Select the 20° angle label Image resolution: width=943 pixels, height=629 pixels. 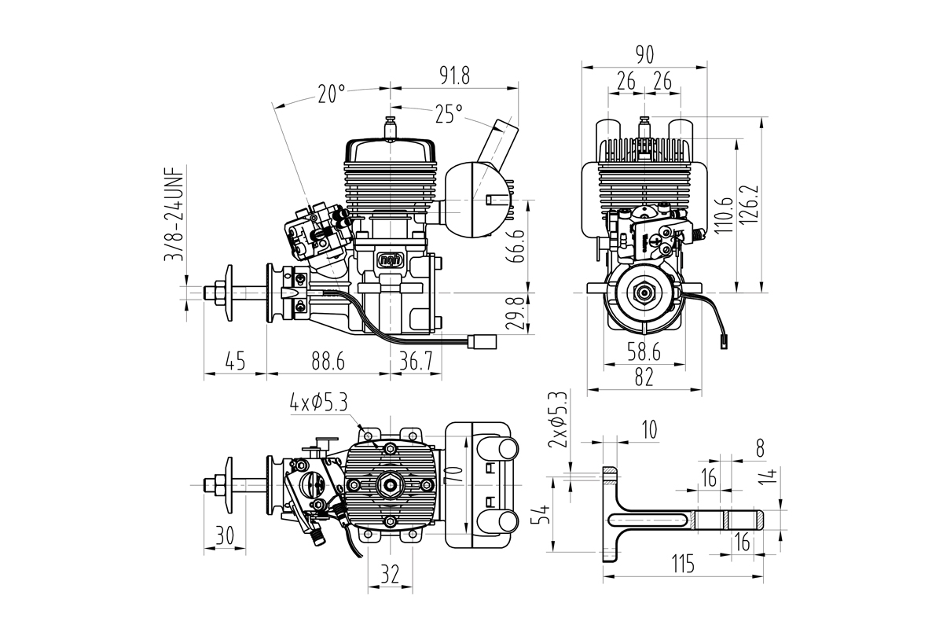point(332,94)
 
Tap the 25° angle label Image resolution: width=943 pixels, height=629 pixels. point(448,115)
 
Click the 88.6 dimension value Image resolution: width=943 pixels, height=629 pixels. point(328,362)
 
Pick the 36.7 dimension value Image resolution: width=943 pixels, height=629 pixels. point(416,362)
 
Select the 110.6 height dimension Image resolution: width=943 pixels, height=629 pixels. point(724,216)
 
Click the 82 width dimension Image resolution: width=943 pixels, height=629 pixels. point(644,378)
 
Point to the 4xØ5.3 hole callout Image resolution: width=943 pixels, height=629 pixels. point(318,403)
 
